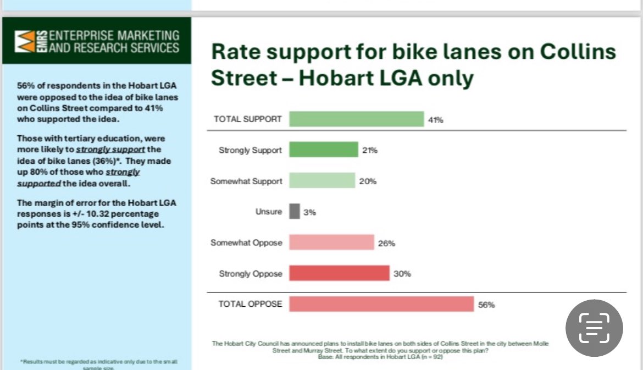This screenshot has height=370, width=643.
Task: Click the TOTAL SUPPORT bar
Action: [x=356, y=119]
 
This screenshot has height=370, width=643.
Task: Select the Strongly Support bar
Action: [x=323, y=150]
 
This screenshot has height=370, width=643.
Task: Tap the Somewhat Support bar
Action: [x=322, y=181]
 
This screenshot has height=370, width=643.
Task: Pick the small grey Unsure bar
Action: [x=295, y=212]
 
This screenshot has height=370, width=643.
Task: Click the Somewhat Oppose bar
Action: [x=331, y=242]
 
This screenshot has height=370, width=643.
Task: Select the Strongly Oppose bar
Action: [x=339, y=273]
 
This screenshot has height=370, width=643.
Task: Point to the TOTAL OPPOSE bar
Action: [x=381, y=304]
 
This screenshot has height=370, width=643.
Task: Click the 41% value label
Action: [x=436, y=120]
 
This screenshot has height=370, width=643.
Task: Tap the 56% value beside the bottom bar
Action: [x=486, y=305]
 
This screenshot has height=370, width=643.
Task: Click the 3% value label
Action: [x=309, y=212]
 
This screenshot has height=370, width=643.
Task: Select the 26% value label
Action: [x=386, y=243]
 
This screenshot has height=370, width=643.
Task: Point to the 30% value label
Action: [x=402, y=274]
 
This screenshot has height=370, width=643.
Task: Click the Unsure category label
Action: [x=269, y=212]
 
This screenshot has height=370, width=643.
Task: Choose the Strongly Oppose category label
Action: [x=250, y=273]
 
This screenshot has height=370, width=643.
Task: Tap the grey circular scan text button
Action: [x=594, y=328]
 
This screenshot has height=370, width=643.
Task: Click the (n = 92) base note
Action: [x=431, y=357]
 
